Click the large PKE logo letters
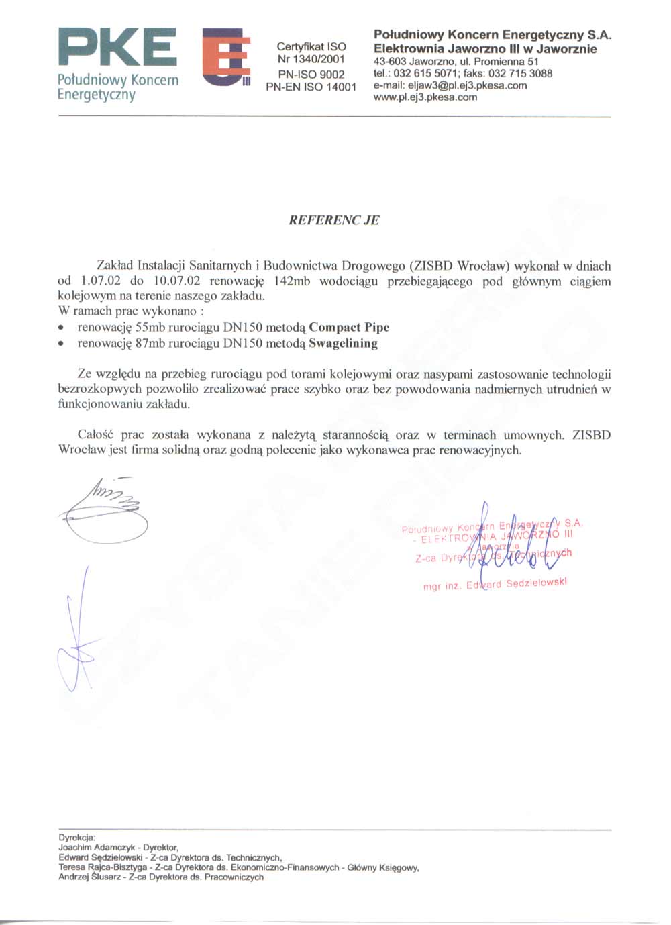118,48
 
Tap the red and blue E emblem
226,56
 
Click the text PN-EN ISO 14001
311,87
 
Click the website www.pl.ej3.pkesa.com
425,97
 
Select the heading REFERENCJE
333,220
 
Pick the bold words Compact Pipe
349,328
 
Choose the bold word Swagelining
343,344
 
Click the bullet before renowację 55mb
62,328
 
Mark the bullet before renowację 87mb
62,344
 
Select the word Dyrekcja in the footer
77,838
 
